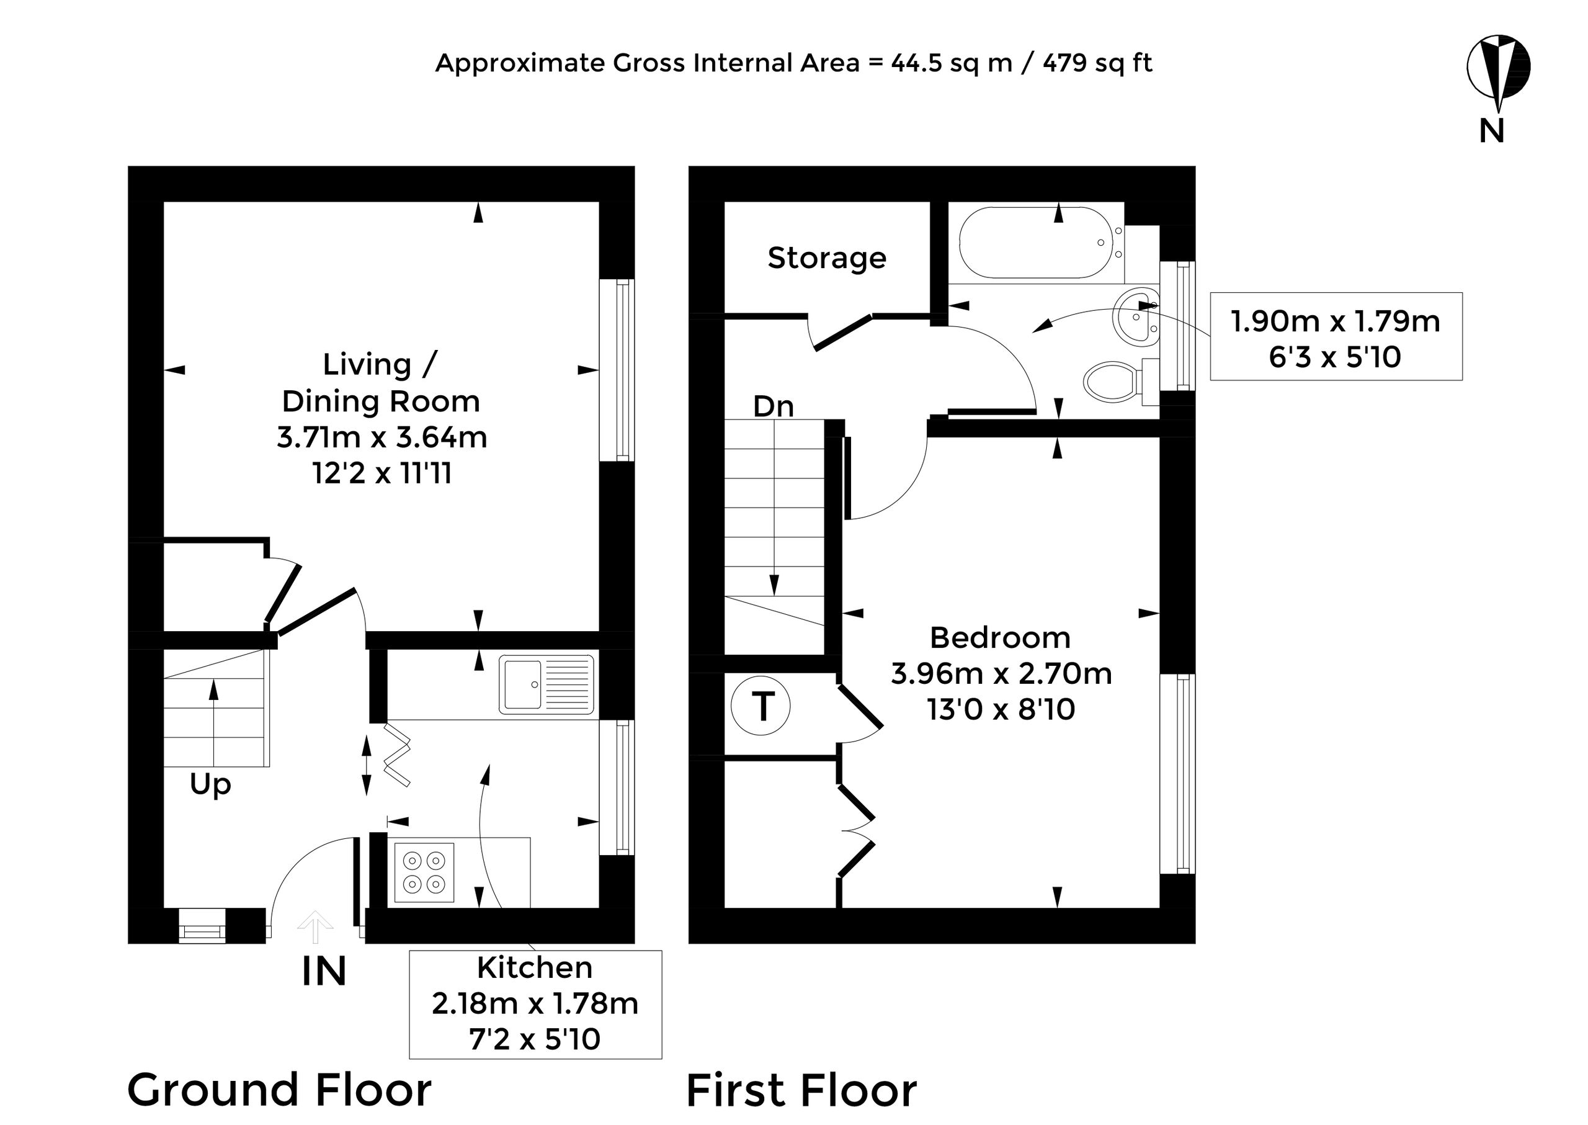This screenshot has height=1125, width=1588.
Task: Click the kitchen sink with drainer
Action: pos(546,684)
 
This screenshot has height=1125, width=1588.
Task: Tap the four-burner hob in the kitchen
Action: pos(424,872)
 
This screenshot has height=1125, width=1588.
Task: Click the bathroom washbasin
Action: pos(1136,318)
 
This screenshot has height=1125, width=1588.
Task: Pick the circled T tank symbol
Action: pos(761,706)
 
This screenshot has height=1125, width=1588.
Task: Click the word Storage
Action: pos(827,258)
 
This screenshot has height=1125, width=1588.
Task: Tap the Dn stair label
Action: pos(773,406)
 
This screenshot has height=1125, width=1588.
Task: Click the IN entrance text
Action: pos(324,971)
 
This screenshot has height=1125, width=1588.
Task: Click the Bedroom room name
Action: pos(1000,638)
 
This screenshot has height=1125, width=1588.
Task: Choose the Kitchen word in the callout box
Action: pos(535,968)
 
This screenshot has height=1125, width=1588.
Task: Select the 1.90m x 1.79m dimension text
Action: pos(1335,321)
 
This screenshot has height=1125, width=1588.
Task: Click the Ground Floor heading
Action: pos(280,1090)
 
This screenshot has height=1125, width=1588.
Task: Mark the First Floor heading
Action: pos(802,1090)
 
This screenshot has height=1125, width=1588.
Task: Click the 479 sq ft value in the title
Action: pos(1098,63)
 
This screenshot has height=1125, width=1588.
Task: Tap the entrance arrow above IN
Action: pos(315,926)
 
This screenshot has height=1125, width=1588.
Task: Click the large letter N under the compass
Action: pos(1492,131)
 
